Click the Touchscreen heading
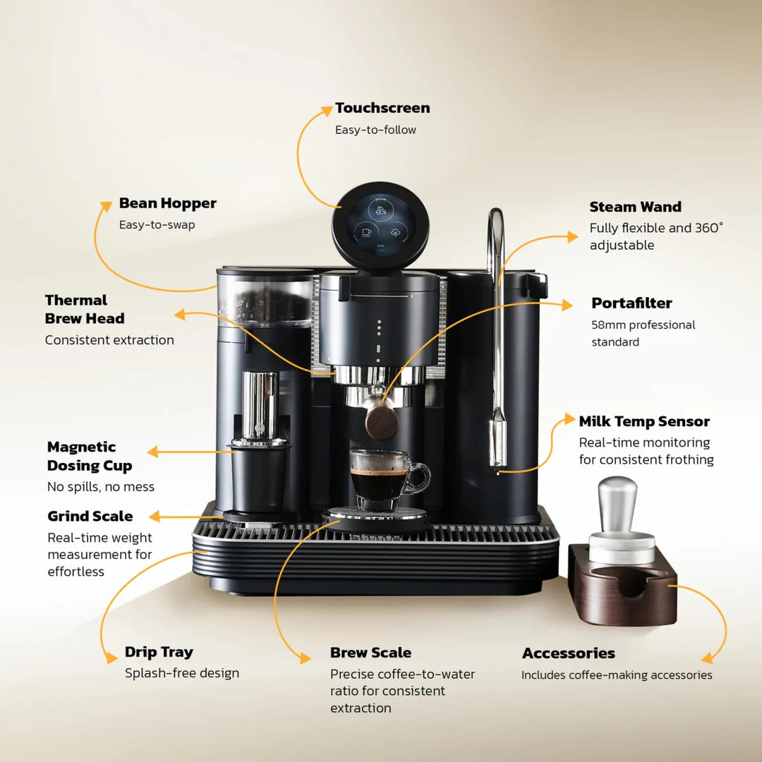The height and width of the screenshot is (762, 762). [382, 108]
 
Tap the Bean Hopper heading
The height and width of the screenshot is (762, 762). [167, 203]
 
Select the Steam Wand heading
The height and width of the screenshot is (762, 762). [635, 207]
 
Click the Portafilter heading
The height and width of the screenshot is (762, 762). [631, 303]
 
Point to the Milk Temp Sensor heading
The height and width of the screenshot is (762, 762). [644, 421]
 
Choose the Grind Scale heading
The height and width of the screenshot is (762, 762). [90, 516]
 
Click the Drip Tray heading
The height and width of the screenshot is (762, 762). [159, 652]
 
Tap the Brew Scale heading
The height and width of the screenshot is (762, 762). [370, 653]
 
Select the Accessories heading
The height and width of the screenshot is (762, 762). [568, 653]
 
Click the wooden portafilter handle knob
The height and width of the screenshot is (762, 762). [382, 422]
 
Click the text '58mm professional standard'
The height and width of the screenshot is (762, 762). [643, 333]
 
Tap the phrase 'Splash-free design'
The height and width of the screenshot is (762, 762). [182, 673]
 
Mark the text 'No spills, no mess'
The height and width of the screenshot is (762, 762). [100, 487]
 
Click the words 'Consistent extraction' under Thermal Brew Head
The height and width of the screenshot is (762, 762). [109, 340]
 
